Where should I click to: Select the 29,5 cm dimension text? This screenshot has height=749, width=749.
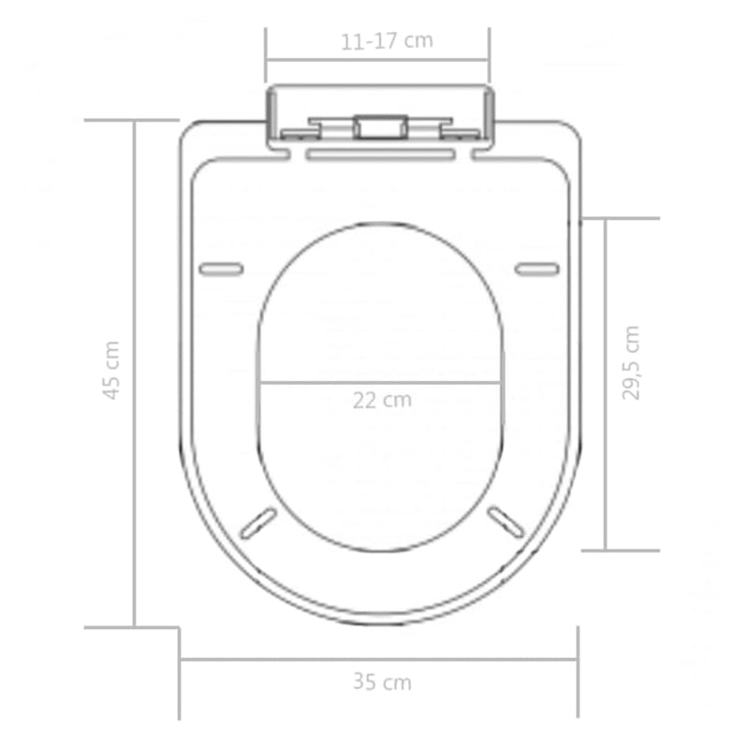tap(632, 362)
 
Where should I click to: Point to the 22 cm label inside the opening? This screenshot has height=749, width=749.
tap(382, 400)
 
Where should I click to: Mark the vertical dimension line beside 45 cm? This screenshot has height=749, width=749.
tap(135, 374)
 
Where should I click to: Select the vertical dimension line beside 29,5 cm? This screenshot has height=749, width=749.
tap(606, 384)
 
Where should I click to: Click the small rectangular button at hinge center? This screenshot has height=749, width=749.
tap(379, 126)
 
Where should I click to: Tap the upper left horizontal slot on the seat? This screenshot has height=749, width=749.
tap(221, 270)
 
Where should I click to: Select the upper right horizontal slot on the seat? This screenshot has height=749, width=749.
tap(537, 270)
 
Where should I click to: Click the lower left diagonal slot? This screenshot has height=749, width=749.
tap(257, 522)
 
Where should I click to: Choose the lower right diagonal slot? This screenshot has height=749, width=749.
tap(506, 521)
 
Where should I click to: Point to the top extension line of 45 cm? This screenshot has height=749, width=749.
tap(131, 120)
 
